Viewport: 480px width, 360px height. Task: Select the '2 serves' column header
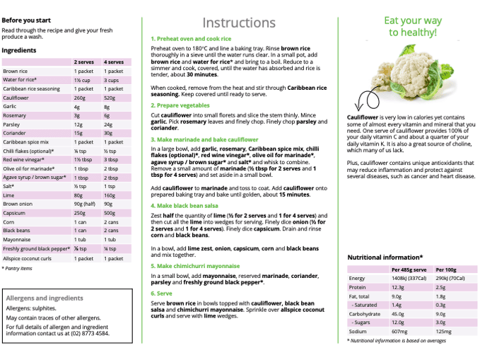click(84, 62)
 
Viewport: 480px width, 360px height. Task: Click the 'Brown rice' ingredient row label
click(16, 71)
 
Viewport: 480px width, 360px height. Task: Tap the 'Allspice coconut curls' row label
click(28, 258)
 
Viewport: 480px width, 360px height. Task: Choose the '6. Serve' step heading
click(161, 292)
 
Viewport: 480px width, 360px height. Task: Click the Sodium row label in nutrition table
click(358, 331)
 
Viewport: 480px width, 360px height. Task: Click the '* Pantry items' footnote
click(17, 269)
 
